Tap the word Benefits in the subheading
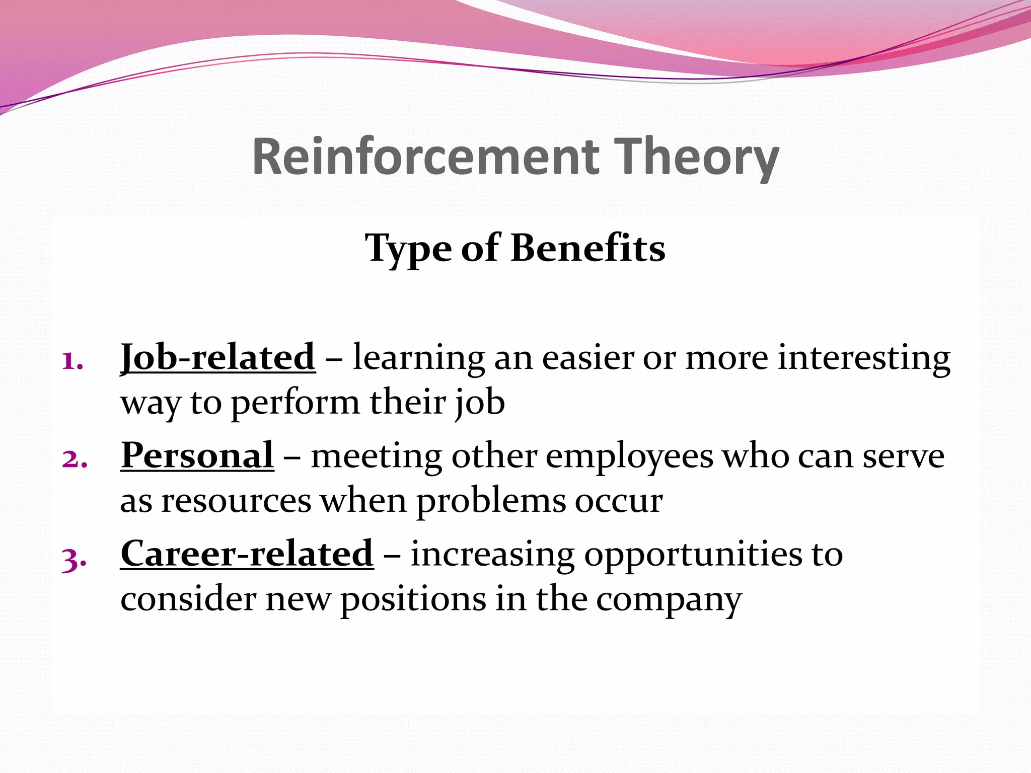(x=587, y=248)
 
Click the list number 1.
(x=72, y=361)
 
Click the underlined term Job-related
(x=218, y=357)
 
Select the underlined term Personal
(x=197, y=455)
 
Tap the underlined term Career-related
(x=247, y=554)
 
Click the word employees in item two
(x=629, y=457)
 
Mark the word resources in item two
(x=236, y=501)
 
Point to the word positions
(x=413, y=600)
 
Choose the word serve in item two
(x=903, y=456)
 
